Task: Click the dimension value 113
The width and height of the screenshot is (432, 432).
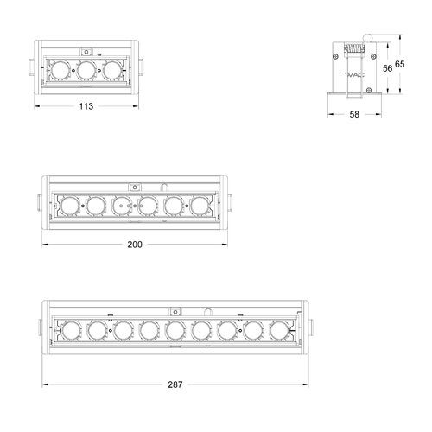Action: [x=86, y=107]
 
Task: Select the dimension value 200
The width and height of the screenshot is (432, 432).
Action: [x=134, y=245]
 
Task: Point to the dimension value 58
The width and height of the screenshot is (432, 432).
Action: [x=355, y=115]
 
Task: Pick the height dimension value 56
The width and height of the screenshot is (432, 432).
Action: [x=387, y=67]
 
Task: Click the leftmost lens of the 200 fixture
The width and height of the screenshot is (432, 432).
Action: [x=68, y=206]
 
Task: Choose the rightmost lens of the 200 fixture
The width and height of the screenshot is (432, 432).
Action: [x=200, y=206]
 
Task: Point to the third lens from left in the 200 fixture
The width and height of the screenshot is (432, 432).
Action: [x=122, y=206]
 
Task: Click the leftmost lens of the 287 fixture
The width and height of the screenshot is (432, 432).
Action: [x=69, y=330]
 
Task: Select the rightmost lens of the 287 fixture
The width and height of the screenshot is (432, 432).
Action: [x=278, y=330]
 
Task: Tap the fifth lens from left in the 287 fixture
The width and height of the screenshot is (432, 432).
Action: [x=175, y=330]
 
